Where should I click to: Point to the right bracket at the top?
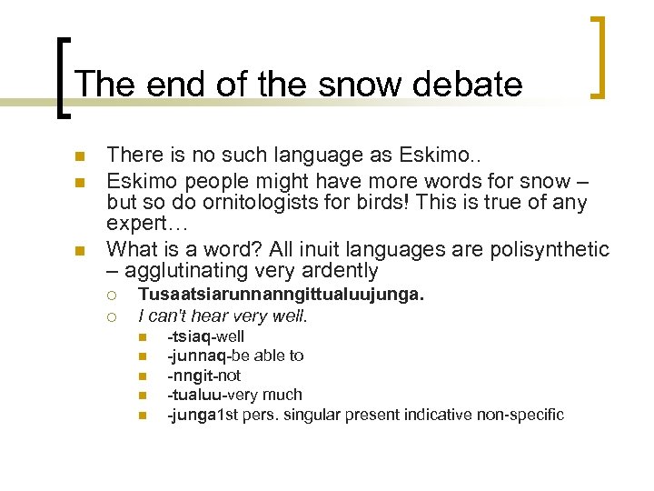tap(598, 56)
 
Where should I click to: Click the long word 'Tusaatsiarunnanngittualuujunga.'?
tap(281, 296)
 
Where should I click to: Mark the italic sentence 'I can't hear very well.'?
tap(223, 316)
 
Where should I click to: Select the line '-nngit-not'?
tap(203, 376)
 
